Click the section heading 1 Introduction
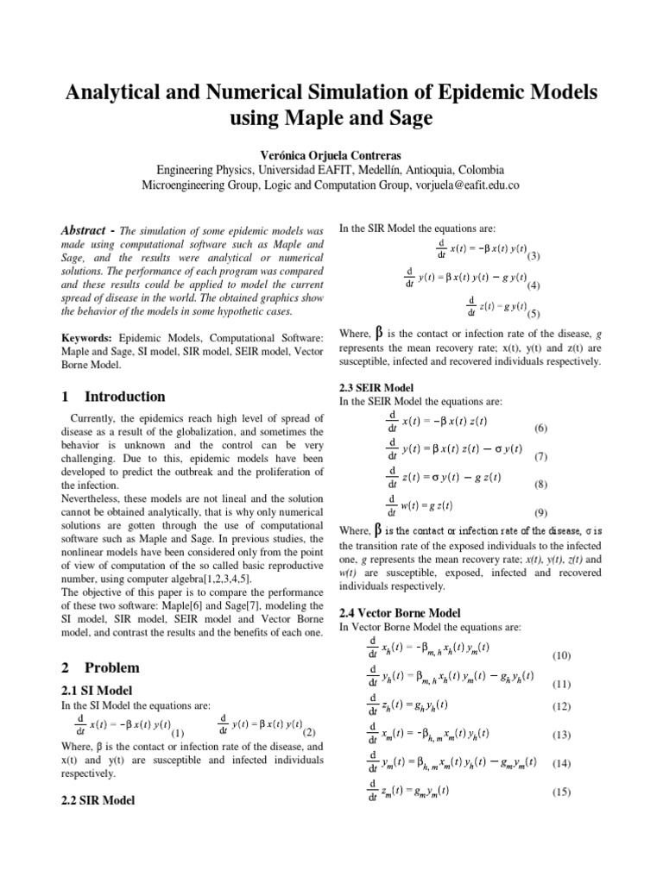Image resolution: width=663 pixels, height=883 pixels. [x=113, y=397]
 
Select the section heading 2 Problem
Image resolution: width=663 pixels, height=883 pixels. [x=101, y=667]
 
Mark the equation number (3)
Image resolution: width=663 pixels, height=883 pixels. [x=534, y=257]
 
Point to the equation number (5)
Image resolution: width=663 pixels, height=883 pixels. [x=534, y=314]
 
